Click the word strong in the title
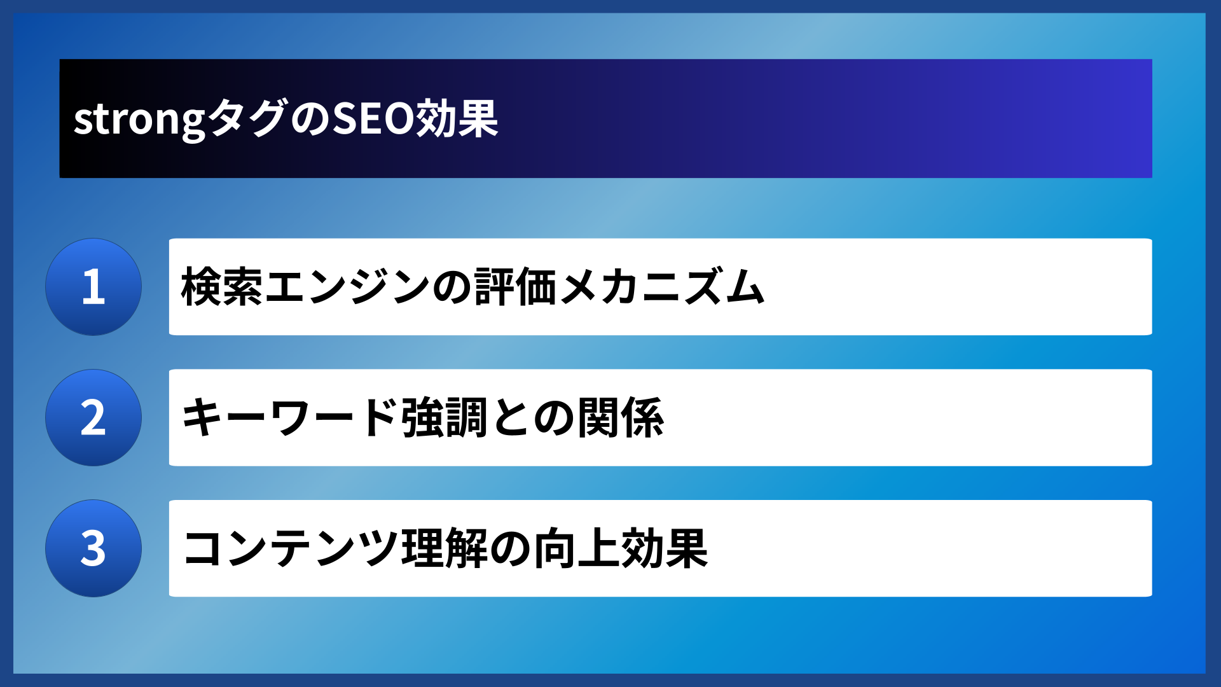pos(139,120)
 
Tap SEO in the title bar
pos(373,118)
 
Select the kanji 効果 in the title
pos(457,118)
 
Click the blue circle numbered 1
pos(93,287)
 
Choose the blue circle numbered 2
pos(93,418)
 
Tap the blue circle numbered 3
pos(93,548)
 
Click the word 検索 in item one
pos(222,287)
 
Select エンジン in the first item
pos(347,287)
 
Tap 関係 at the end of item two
pos(621,418)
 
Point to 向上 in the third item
pos(576,548)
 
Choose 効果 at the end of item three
pos(665,548)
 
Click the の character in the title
pos(310,118)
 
